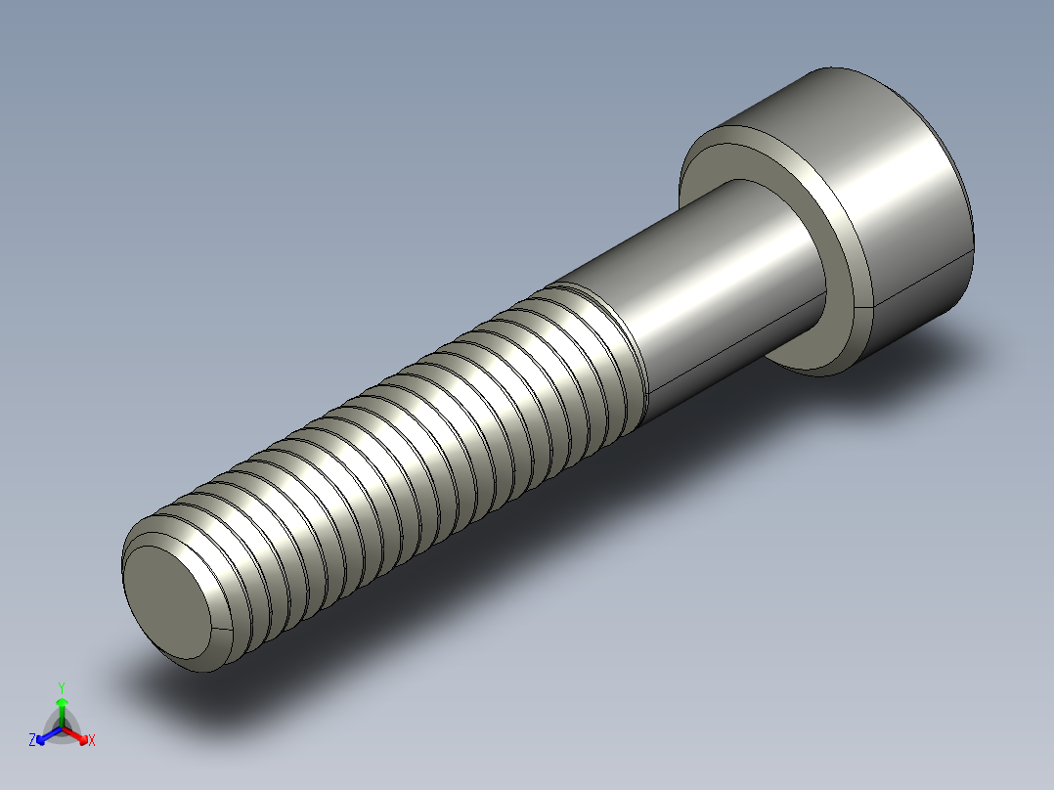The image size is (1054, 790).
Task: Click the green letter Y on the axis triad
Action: [61, 687]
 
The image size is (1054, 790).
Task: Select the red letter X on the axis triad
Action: [92, 741]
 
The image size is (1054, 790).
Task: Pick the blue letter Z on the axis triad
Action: [32, 741]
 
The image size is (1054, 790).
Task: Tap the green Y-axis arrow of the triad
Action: [62, 710]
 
